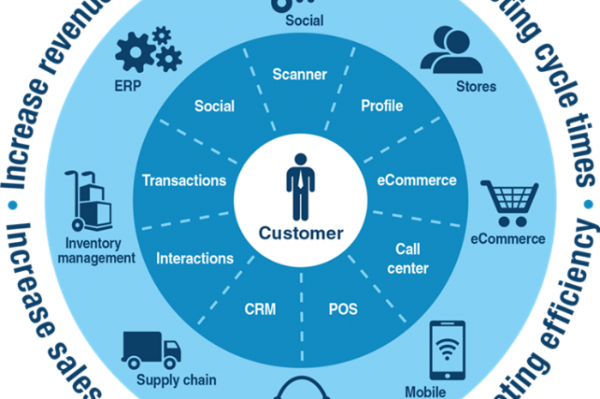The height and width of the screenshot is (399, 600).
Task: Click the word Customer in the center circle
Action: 300,233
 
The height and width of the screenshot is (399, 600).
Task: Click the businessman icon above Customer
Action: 300,186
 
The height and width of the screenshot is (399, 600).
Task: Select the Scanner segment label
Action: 300,75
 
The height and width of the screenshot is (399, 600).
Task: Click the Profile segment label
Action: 381,106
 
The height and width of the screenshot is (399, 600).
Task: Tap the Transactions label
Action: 184,180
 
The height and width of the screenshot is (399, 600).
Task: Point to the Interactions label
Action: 195,257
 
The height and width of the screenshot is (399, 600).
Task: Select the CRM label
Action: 261,309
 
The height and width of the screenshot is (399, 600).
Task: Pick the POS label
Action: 343,309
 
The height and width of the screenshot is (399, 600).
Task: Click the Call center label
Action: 411,258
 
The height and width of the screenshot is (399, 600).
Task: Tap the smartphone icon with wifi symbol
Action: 447,349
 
